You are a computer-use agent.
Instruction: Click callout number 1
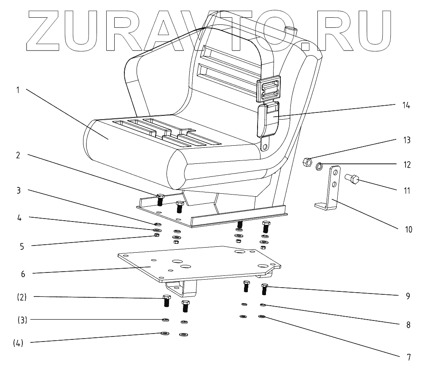[18, 90]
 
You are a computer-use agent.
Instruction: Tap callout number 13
[407, 140]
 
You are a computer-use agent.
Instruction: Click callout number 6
[23, 274]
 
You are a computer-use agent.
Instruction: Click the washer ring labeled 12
[320, 167]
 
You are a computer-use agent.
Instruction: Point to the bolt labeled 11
[352, 180]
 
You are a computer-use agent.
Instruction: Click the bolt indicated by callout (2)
[166, 301]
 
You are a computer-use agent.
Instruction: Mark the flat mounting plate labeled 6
[198, 263]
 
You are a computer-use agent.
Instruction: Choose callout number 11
[407, 190]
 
